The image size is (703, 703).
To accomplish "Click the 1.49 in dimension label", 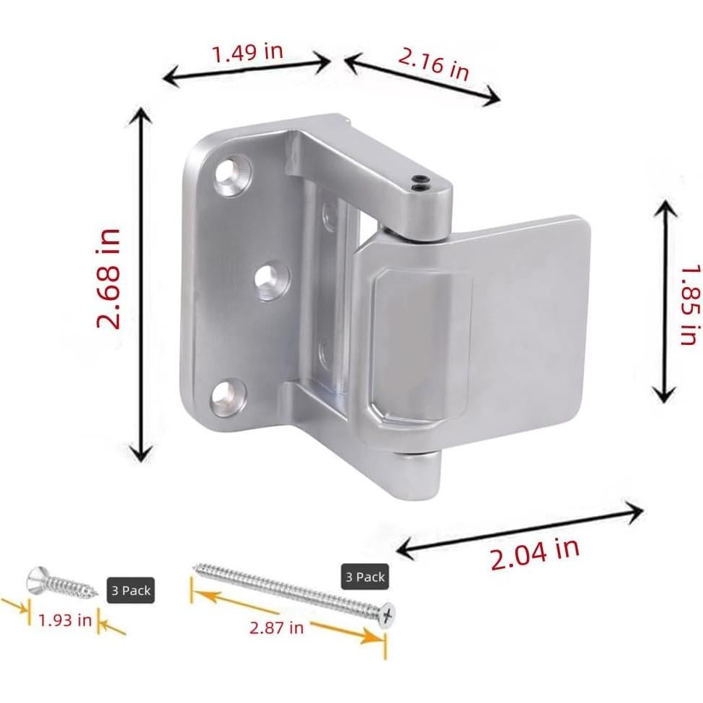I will pos(246,51).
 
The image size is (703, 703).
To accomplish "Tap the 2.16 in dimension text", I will pos(434,63).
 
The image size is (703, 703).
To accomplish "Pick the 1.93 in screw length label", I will pos(65,620).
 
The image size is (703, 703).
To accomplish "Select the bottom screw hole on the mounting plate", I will pos(228,395).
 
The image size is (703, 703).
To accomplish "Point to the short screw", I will pos(62,581).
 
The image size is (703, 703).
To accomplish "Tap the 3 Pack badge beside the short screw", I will pos(130,591).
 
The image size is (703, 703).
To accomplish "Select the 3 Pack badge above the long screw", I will pos(365,577).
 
